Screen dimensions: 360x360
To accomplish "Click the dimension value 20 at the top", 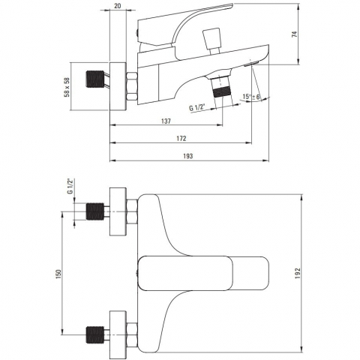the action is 117,6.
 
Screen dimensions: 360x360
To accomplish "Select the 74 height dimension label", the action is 295,34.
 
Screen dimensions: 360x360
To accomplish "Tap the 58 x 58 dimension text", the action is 67,87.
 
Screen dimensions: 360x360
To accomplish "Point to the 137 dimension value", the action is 166,121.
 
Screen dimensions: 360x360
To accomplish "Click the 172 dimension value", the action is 181,139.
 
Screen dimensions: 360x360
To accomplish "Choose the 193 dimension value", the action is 188,156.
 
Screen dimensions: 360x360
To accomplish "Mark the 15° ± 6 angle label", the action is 251,97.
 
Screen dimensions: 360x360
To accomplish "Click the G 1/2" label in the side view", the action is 197,108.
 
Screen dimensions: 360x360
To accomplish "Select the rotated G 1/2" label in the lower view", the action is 70,186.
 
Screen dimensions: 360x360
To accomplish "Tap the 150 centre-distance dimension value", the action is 58,274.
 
